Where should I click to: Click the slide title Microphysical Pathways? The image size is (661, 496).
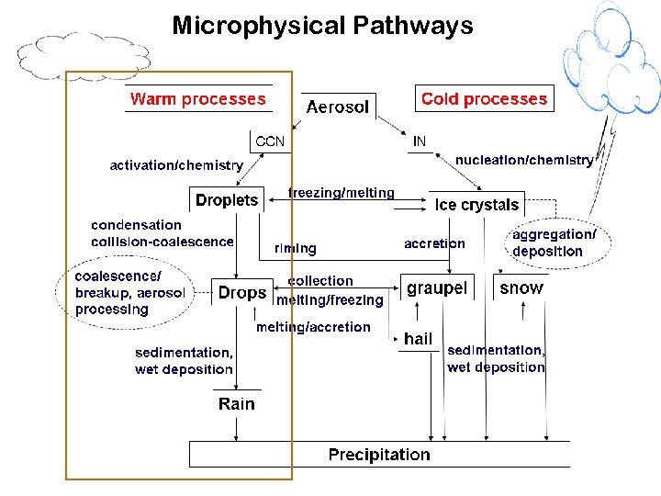(322, 25)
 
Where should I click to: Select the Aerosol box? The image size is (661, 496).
(338, 107)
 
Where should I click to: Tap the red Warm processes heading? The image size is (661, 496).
(197, 99)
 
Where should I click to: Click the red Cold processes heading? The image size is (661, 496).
(484, 99)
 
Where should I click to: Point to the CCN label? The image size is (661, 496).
(270, 141)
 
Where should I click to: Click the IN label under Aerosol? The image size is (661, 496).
(420, 141)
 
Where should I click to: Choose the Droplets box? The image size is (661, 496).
(227, 199)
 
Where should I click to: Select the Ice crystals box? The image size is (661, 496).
(476, 205)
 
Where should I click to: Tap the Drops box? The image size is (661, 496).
(242, 293)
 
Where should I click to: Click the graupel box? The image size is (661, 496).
(437, 288)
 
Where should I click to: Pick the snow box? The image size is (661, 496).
(521, 288)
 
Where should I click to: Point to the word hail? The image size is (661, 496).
(418, 339)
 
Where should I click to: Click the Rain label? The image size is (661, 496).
(237, 404)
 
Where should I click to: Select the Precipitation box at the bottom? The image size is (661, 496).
(379, 455)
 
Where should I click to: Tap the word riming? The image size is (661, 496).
(296, 248)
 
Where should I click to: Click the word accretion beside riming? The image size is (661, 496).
(434, 243)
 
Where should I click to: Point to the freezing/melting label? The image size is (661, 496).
(341, 193)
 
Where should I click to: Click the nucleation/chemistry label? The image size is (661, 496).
(524, 160)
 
